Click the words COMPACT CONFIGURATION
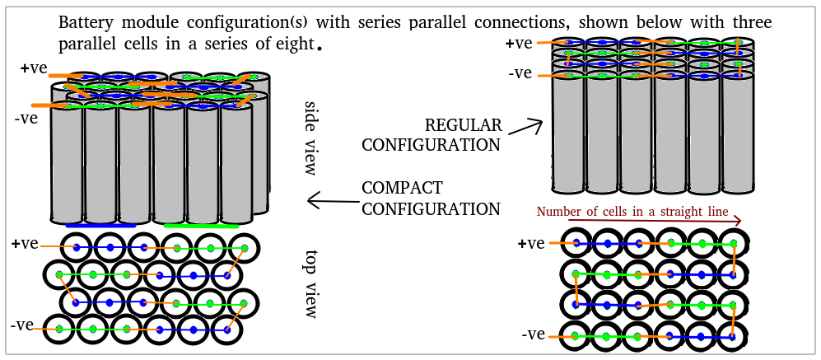tap(431, 198)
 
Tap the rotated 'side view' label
tap(310, 138)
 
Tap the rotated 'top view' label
tap(310, 284)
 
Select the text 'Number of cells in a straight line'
tap(632, 212)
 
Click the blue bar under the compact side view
tap(100, 224)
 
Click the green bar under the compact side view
tap(202, 225)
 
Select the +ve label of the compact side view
tap(34, 68)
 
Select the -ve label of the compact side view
tap(27, 118)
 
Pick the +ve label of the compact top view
tap(25, 244)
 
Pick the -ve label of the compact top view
tap(21, 325)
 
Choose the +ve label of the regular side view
tap(521, 44)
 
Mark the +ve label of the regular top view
tap(531, 244)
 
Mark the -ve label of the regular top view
tap(534, 334)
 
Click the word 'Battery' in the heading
tap(84, 22)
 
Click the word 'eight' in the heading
tap(293, 42)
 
